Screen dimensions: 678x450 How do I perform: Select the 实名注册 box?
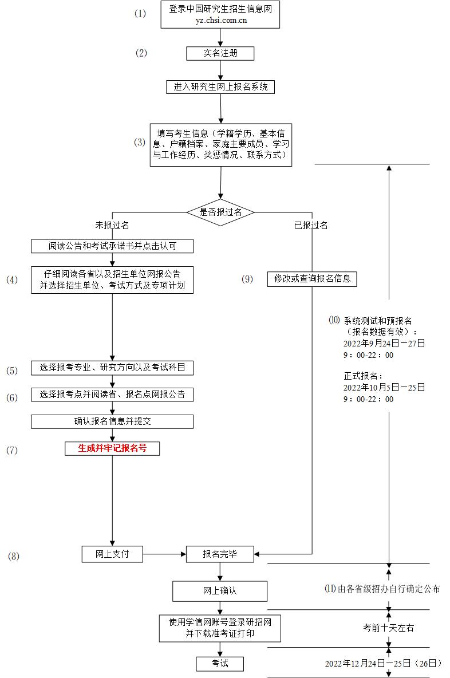tap(220, 53)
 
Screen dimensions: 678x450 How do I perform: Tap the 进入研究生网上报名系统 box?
tap(220, 87)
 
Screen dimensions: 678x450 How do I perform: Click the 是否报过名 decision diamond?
tap(220, 212)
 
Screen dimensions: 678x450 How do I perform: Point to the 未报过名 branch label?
tap(112, 225)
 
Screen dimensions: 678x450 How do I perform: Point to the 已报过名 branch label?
tap(311, 225)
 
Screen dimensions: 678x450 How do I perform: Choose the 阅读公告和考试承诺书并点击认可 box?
tap(112, 246)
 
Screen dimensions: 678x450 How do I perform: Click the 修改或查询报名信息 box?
tap(312, 279)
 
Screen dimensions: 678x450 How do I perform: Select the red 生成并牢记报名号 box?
tap(112, 448)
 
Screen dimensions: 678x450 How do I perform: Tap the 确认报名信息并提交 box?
tap(112, 421)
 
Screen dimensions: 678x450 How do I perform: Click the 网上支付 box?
tap(112, 554)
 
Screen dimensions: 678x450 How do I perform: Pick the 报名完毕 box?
tap(220, 554)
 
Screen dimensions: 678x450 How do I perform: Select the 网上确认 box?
tap(220, 591)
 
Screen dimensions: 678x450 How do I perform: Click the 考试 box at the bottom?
tap(220, 663)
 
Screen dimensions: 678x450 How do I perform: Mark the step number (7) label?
tap(12, 450)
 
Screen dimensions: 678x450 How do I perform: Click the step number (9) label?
tap(247, 279)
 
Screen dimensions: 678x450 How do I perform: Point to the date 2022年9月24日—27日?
tap(384, 344)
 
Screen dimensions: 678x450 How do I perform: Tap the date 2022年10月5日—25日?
tap(384, 388)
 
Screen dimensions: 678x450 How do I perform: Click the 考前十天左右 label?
tap(389, 628)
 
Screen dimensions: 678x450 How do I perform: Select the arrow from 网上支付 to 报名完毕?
tap(164, 554)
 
